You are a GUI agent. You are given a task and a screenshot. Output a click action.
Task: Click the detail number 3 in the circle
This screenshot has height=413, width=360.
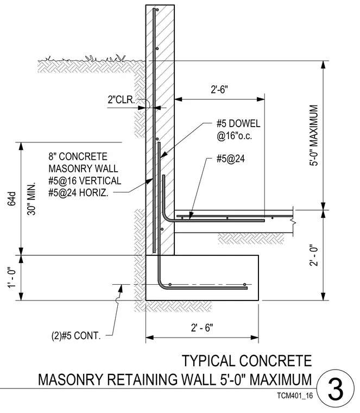pos(336,389)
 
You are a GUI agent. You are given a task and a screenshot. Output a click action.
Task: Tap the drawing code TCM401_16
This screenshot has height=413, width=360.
pos(295,396)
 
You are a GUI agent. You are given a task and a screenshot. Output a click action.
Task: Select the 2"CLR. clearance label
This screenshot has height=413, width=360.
pos(121,100)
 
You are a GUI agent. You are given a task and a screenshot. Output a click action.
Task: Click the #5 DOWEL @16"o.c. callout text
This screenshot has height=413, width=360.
pos(238,129)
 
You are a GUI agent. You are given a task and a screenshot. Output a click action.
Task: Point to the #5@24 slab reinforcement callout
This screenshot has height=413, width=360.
pos(231,159)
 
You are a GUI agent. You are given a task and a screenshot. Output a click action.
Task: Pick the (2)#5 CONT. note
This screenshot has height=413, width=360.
pos(76,336)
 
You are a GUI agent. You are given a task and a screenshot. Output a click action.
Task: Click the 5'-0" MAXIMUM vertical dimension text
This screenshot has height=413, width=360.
pos(314,135)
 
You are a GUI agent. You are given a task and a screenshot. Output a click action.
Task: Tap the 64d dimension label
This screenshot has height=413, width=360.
pos(12,198)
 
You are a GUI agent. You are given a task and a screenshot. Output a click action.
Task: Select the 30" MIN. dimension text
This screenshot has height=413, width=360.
pos(31,198)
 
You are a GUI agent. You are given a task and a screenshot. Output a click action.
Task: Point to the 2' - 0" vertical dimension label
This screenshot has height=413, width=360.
pos(314,256)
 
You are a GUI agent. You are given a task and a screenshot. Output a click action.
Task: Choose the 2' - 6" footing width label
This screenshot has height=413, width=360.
pos(202,328)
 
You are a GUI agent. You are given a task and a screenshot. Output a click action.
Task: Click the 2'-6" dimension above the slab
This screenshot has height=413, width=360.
pos(219,90)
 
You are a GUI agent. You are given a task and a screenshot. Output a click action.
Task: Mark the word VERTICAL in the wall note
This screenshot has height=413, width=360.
pos(100,180)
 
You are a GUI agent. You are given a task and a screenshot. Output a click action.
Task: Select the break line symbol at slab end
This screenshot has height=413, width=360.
pos(293,223)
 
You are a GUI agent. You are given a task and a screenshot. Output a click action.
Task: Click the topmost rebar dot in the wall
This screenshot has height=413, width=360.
pos(157,10)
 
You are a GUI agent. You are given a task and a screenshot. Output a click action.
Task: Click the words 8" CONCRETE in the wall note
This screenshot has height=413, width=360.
pos(78,157)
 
